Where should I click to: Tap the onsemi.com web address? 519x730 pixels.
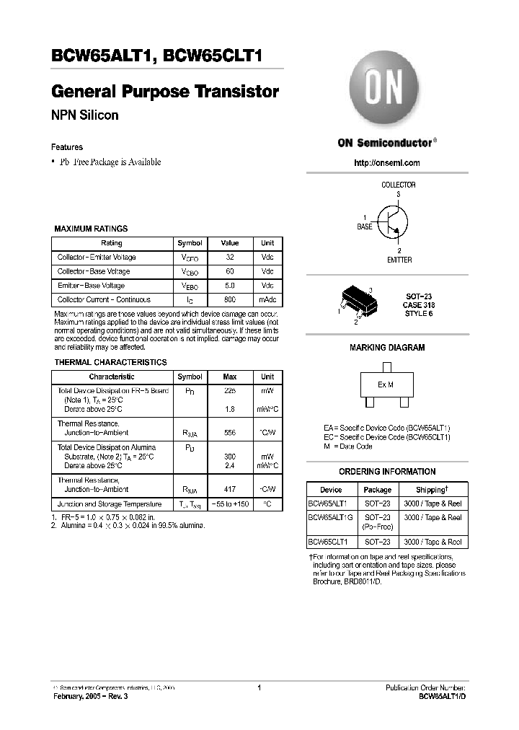click(387, 163)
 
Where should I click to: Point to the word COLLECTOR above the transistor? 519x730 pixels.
click(398, 185)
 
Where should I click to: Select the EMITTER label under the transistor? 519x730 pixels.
click(399, 260)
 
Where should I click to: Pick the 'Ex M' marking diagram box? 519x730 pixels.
click(386, 385)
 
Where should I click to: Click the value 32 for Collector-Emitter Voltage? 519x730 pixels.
click(229, 258)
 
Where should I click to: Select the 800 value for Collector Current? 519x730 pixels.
click(229, 299)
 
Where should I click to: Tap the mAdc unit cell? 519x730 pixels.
click(267, 299)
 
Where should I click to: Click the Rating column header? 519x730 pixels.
click(112, 243)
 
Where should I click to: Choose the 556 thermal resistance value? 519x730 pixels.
click(229, 433)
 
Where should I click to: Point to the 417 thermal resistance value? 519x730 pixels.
click(229, 489)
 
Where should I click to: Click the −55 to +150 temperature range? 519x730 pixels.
click(229, 504)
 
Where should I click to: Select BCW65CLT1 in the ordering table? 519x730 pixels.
click(328, 541)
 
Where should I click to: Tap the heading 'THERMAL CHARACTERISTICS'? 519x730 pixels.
click(111, 362)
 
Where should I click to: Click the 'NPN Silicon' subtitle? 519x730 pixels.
click(85, 115)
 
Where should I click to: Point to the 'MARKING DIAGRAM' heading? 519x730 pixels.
click(387, 348)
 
